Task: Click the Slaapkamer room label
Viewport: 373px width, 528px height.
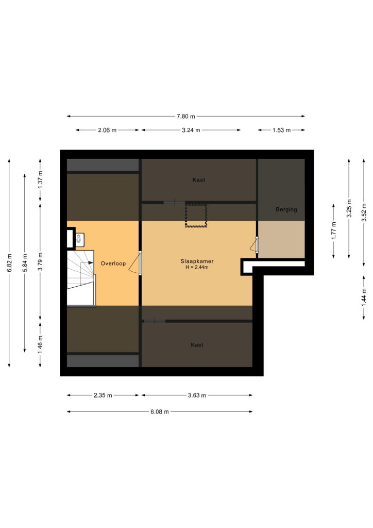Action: pos(197,261)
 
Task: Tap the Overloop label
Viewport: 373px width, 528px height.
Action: pos(113,263)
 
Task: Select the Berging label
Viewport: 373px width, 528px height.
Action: pos(286,209)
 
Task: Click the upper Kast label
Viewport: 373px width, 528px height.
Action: pos(199,180)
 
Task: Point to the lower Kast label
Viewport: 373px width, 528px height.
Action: pos(197,345)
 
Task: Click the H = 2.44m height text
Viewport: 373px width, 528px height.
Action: pos(197,268)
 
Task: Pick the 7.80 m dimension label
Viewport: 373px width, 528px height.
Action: pos(185,117)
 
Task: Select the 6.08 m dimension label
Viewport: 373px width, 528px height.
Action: pos(160,411)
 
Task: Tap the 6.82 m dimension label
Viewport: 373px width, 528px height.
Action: pos(9,262)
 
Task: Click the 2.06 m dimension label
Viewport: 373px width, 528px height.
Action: pos(107,130)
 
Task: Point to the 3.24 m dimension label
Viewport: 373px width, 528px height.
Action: pos(191,130)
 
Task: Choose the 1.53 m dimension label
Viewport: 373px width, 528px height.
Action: pos(281,130)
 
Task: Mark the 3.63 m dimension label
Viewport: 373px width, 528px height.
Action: pos(197,395)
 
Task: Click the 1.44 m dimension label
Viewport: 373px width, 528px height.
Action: pos(364,298)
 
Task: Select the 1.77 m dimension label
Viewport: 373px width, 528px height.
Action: pos(333,230)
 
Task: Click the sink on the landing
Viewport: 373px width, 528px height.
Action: pos(80,239)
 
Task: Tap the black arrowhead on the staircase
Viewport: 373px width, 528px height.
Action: pos(91,262)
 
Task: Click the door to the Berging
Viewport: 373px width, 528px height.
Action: pos(255,245)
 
